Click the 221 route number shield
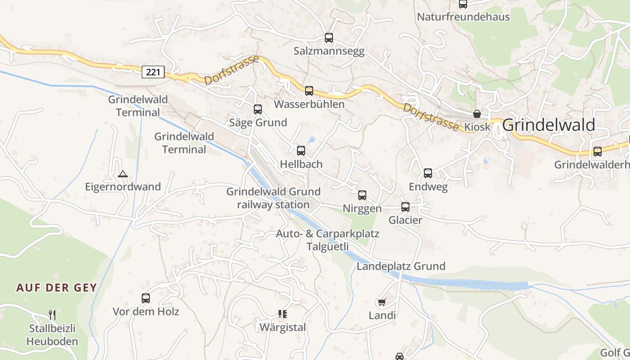point(153,72)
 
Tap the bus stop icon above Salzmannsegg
point(329,38)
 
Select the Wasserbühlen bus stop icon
point(309,91)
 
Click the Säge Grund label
point(258,122)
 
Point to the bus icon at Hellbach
point(301,151)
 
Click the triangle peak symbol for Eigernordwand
point(122,174)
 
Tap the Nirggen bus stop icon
point(362,195)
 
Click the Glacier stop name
point(405,220)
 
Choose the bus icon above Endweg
point(428,173)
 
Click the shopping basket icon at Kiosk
point(477,114)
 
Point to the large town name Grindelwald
point(549,125)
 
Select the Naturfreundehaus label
point(463,17)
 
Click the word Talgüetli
point(328,247)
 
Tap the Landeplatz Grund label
point(401,266)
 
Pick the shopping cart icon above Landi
point(382,302)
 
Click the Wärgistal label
point(283,327)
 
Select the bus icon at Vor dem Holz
point(146,298)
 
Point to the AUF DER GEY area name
point(57,288)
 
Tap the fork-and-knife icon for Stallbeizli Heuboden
point(52,315)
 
